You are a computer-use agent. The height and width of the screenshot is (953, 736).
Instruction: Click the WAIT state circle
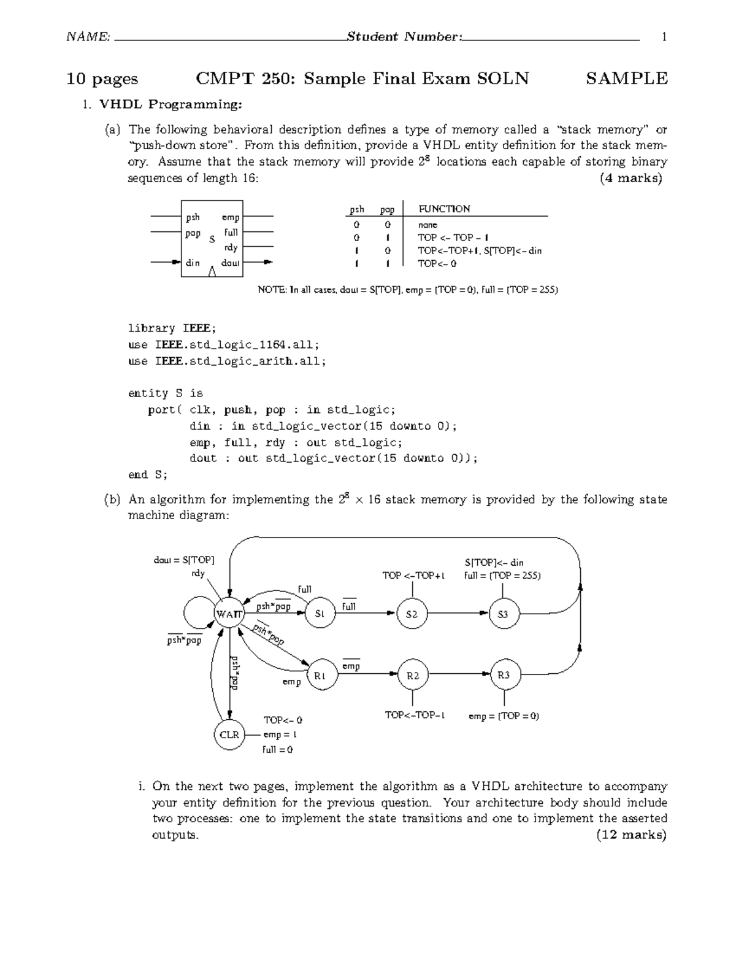point(229,613)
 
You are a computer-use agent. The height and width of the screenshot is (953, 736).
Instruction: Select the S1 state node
point(319,613)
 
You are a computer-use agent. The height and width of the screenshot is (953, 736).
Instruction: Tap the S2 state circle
point(412,614)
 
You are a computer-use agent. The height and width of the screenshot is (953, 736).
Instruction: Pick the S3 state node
point(504,614)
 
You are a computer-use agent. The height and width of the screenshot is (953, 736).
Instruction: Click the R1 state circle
point(320,676)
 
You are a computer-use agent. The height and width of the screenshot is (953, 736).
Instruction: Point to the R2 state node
point(413,676)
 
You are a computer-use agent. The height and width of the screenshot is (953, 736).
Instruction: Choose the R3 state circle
point(504,676)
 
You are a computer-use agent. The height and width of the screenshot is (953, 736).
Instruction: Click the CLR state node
point(229,735)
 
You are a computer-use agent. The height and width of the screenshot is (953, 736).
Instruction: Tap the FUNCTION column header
point(444,209)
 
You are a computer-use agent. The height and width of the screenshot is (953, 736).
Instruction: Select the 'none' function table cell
point(427,225)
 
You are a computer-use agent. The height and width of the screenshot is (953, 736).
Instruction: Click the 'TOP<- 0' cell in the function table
point(437,263)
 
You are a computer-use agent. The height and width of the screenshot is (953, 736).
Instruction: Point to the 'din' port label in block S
point(193,263)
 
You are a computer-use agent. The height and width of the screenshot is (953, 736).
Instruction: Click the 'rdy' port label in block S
point(231,247)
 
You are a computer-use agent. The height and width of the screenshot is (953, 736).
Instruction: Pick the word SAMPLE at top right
point(626,79)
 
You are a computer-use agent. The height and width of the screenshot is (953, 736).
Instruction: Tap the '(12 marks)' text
point(631,835)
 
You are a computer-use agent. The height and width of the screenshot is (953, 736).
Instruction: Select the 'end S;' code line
point(147,474)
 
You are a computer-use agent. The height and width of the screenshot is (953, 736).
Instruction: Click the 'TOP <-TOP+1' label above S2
point(413,575)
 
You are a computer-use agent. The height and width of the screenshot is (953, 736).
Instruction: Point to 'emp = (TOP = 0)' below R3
point(504,716)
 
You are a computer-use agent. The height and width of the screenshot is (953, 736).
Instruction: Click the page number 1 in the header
point(664,37)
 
